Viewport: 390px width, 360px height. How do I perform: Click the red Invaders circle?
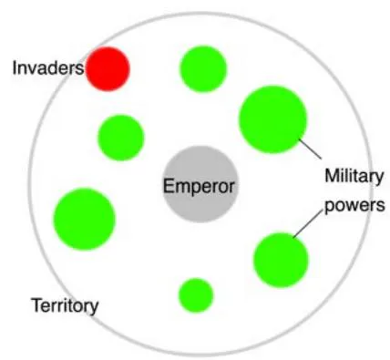pyautogui.click(x=108, y=69)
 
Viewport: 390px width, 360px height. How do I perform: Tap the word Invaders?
pyautogui.click(x=48, y=68)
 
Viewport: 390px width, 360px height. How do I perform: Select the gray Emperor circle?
pyautogui.click(x=200, y=184)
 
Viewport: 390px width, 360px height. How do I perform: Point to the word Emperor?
pyautogui.click(x=199, y=186)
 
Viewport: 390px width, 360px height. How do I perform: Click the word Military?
pyautogui.click(x=354, y=177)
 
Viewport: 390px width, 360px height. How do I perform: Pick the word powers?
pyautogui.click(x=354, y=206)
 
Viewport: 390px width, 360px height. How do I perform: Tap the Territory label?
pyautogui.click(x=66, y=305)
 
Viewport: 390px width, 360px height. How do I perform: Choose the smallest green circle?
pyautogui.click(x=196, y=295)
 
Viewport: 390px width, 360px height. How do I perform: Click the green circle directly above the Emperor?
pyautogui.click(x=203, y=68)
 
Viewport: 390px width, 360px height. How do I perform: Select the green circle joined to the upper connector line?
pyautogui.click(x=272, y=119)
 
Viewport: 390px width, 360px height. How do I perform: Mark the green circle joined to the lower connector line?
pyautogui.click(x=281, y=260)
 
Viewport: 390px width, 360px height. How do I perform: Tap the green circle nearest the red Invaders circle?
pyautogui.click(x=121, y=138)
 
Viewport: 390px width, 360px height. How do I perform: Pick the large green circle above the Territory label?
pyautogui.click(x=85, y=219)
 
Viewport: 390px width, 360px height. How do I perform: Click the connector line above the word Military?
pyautogui.click(x=310, y=149)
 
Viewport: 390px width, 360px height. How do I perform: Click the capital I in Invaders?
pyautogui.click(x=15, y=67)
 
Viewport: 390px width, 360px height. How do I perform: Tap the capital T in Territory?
pyautogui.click(x=37, y=304)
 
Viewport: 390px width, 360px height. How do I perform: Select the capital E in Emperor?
pyautogui.click(x=169, y=185)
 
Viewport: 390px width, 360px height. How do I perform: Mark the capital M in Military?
pyautogui.click(x=332, y=176)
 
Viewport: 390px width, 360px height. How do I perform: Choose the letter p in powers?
pyautogui.click(x=329, y=208)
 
